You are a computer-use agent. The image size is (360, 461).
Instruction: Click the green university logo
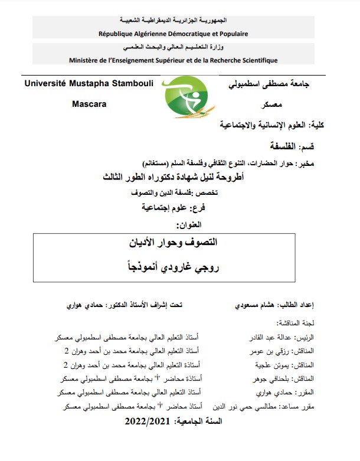[x=188, y=99]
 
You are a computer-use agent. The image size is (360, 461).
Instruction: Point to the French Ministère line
[x=174, y=60]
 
